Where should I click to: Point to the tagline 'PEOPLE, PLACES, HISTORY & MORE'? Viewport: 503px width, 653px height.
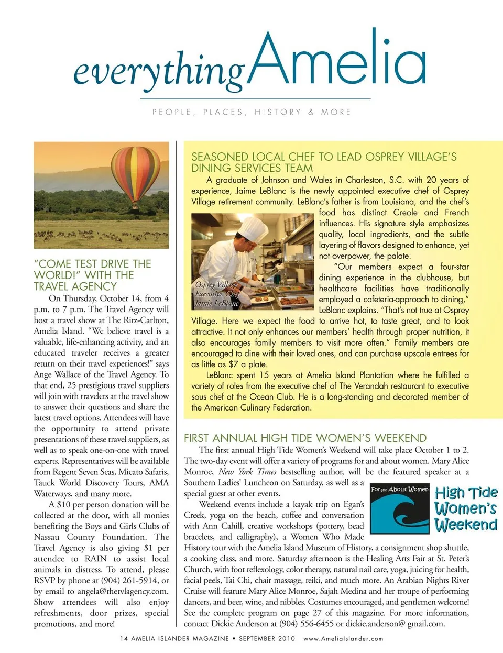point(251,112)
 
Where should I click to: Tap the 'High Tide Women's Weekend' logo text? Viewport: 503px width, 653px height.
point(465,508)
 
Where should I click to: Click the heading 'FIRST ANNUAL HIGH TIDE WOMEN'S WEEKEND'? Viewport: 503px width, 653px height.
point(305,438)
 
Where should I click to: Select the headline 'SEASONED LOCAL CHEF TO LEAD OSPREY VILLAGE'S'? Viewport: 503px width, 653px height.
point(324,157)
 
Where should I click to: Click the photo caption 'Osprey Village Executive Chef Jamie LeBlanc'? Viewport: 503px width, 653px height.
point(217,294)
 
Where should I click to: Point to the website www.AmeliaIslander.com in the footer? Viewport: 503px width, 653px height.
point(343,639)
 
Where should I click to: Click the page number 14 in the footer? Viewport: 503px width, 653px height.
point(124,639)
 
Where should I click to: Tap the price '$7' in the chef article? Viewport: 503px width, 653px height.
point(234,364)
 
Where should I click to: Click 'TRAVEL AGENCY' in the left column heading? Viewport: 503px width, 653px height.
point(75,286)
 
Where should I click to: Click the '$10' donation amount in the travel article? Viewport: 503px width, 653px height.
point(63,505)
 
